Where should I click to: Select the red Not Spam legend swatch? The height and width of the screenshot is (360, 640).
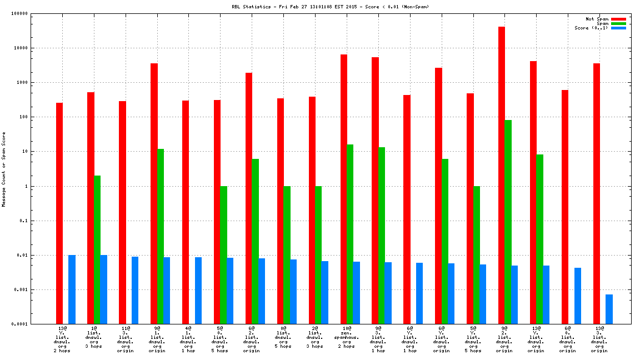618,19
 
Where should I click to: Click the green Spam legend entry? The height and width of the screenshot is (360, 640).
618,23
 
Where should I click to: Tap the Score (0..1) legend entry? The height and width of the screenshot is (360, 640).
618,28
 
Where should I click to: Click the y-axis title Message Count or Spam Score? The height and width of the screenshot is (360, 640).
4,169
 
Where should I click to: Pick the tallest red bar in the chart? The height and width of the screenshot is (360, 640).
502,175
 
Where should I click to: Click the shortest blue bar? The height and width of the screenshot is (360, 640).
609,309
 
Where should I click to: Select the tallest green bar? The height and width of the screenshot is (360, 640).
508,222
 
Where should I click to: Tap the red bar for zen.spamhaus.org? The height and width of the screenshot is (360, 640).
344,189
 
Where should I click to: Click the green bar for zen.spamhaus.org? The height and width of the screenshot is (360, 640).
350,234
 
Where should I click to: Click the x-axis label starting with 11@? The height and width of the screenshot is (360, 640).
125,339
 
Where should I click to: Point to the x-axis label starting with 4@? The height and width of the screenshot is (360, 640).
188,339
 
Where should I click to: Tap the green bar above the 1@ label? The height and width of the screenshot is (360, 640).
97,249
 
